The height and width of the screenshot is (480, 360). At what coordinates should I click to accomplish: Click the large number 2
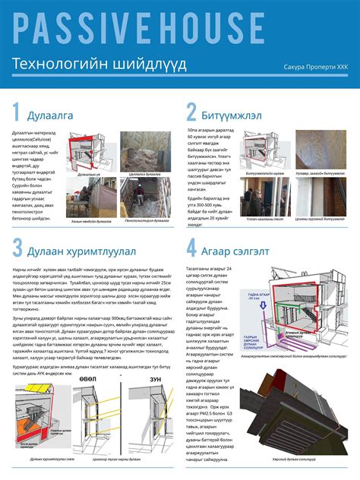point(191,113)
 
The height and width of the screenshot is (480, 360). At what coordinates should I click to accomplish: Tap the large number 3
point(17,248)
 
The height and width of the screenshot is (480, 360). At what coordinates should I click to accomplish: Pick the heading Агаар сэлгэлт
point(238,249)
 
